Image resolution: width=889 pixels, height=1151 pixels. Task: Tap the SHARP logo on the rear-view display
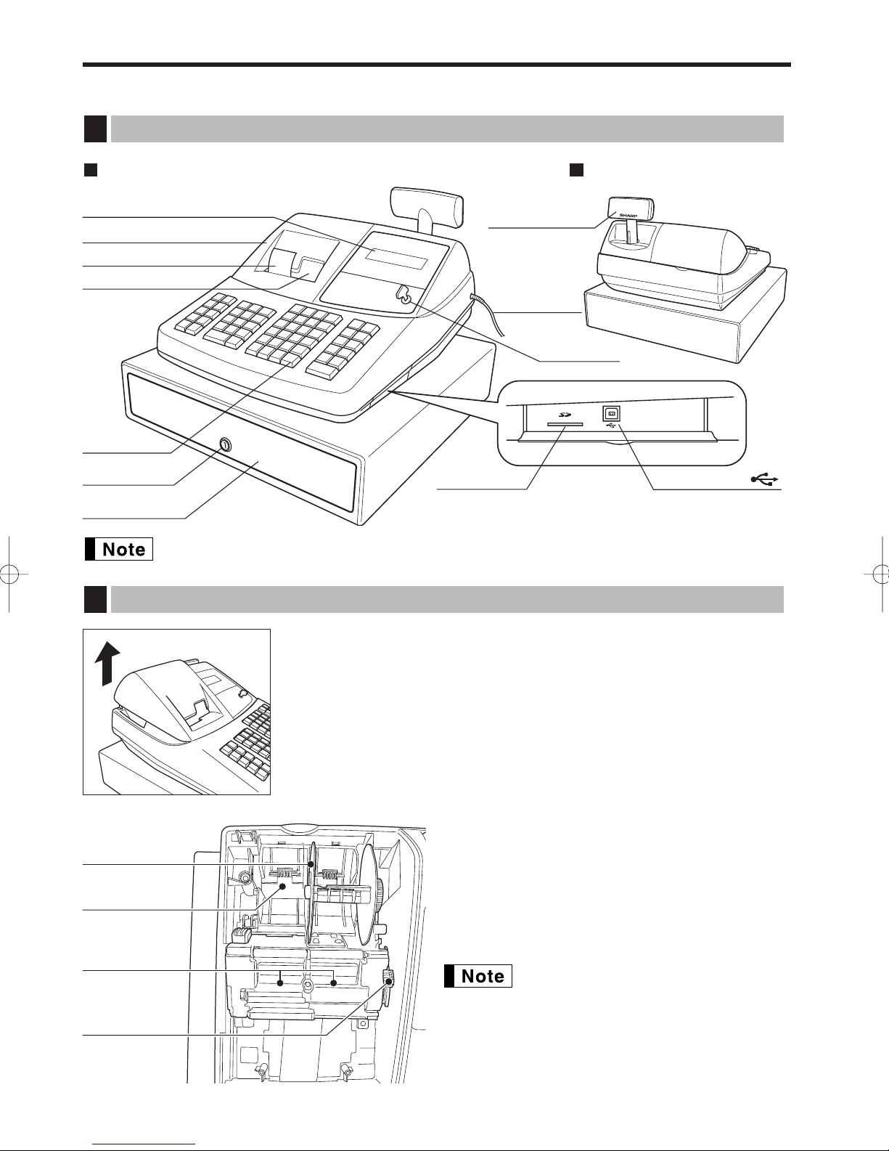(628, 216)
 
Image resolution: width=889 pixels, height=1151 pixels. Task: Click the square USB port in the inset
(611, 414)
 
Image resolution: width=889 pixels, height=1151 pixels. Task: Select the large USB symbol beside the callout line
(765, 479)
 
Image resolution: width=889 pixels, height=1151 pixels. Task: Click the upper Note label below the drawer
(119, 549)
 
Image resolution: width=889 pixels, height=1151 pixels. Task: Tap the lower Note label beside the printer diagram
(478, 976)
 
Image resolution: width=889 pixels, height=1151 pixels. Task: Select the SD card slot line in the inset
(565, 424)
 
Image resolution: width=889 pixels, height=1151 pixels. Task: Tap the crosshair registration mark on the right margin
(880, 574)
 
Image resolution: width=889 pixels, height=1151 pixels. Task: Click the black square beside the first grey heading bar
(95, 129)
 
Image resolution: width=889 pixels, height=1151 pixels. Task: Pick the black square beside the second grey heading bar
(95, 599)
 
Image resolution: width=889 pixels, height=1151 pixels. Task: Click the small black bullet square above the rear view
(576, 170)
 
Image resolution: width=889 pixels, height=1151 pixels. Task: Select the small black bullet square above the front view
(91, 170)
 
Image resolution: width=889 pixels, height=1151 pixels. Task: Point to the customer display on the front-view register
(426, 202)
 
